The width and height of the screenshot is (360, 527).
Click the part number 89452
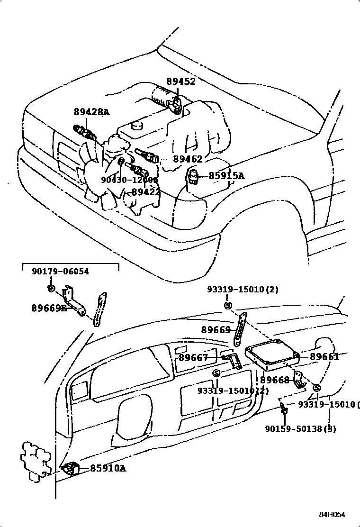point(180,82)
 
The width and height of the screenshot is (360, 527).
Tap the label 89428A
point(91,112)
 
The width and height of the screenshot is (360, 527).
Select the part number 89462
point(188,159)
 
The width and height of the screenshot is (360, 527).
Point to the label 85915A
point(226,176)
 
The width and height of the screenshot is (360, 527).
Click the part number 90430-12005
point(129,180)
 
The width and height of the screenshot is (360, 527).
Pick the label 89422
point(145,192)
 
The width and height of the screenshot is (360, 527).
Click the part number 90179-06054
point(60,272)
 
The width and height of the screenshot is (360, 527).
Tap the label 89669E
point(49,308)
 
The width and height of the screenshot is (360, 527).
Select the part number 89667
point(193,358)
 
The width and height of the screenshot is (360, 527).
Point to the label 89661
point(324,357)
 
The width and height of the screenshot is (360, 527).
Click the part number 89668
point(274,380)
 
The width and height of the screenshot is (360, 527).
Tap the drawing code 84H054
point(332,515)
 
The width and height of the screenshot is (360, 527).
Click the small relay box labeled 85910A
point(71,468)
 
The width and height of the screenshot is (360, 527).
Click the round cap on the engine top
point(138,125)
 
